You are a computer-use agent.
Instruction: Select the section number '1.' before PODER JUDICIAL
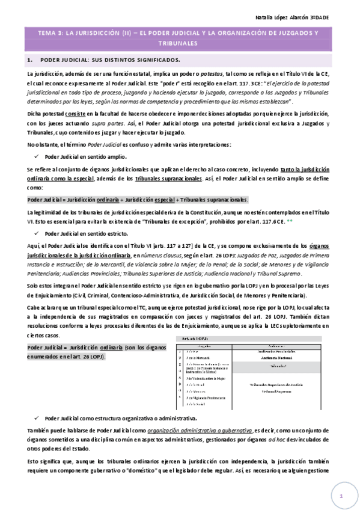point(29,61)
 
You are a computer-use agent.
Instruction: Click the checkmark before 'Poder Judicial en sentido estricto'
point(38,233)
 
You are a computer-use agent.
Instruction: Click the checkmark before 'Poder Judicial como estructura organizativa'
point(38,418)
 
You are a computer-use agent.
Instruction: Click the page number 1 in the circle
point(340,496)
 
